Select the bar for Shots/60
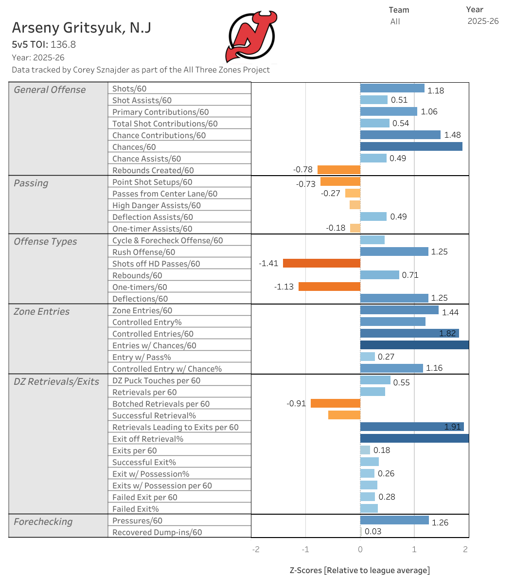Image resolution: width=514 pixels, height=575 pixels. [x=392, y=88]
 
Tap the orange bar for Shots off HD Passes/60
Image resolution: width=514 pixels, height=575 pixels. [x=321, y=263]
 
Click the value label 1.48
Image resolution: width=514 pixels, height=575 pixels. [x=452, y=135]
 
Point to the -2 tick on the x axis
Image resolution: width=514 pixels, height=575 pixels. [x=256, y=549]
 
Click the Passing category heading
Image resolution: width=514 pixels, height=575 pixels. [x=31, y=183]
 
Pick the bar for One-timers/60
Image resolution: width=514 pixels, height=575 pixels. [x=329, y=287]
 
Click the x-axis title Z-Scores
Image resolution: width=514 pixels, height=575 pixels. [x=359, y=570]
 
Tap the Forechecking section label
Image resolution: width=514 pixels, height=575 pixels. [x=43, y=521]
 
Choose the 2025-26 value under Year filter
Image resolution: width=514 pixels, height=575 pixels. [x=483, y=21]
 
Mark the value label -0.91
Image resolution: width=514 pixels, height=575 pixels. [x=296, y=403]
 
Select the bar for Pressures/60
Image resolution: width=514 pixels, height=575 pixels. [x=394, y=520]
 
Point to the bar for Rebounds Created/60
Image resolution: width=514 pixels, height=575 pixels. [x=338, y=170]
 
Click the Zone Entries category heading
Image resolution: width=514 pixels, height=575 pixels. [x=42, y=311]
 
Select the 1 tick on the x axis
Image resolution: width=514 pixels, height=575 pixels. [x=414, y=549]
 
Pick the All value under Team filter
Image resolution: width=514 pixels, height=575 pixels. [x=395, y=21]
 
